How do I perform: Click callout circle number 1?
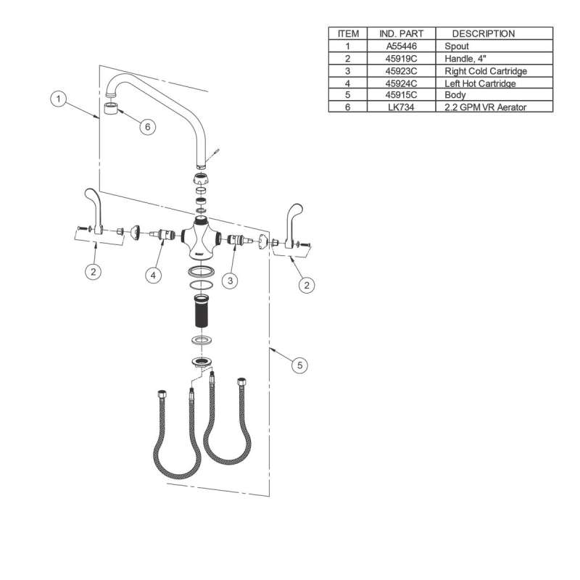(x=58, y=99)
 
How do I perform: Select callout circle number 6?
(x=148, y=127)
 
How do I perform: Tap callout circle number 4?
(x=153, y=275)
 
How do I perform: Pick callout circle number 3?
(x=230, y=281)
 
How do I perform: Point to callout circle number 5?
(x=299, y=365)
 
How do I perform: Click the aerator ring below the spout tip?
(x=111, y=109)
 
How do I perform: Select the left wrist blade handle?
(x=94, y=211)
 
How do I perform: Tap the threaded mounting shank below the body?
(x=202, y=311)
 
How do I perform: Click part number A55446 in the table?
(x=402, y=46)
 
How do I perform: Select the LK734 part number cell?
(x=402, y=107)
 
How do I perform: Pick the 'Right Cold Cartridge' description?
(x=486, y=71)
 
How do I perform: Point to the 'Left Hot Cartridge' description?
(x=480, y=83)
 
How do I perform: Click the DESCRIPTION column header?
(x=484, y=33)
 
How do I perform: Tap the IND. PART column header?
(x=402, y=33)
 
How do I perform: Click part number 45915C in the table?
(x=402, y=95)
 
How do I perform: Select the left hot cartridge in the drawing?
(x=162, y=234)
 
